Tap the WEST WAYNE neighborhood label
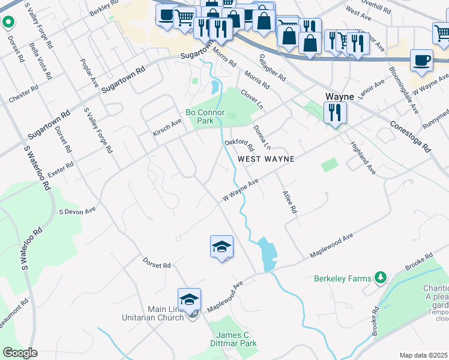[x=266, y=159]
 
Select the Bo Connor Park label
[x=205, y=116]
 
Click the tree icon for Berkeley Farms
[x=379, y=278]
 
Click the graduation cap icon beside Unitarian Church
[x=189, y=299]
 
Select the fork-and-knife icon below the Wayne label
[x=334, y=112]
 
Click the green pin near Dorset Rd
[x=8, y=23]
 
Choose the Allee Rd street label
[x=289, y=202]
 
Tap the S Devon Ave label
[x=77, y=211]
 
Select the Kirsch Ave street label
[x=166, y=127]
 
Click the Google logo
[x=20, y=353]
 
